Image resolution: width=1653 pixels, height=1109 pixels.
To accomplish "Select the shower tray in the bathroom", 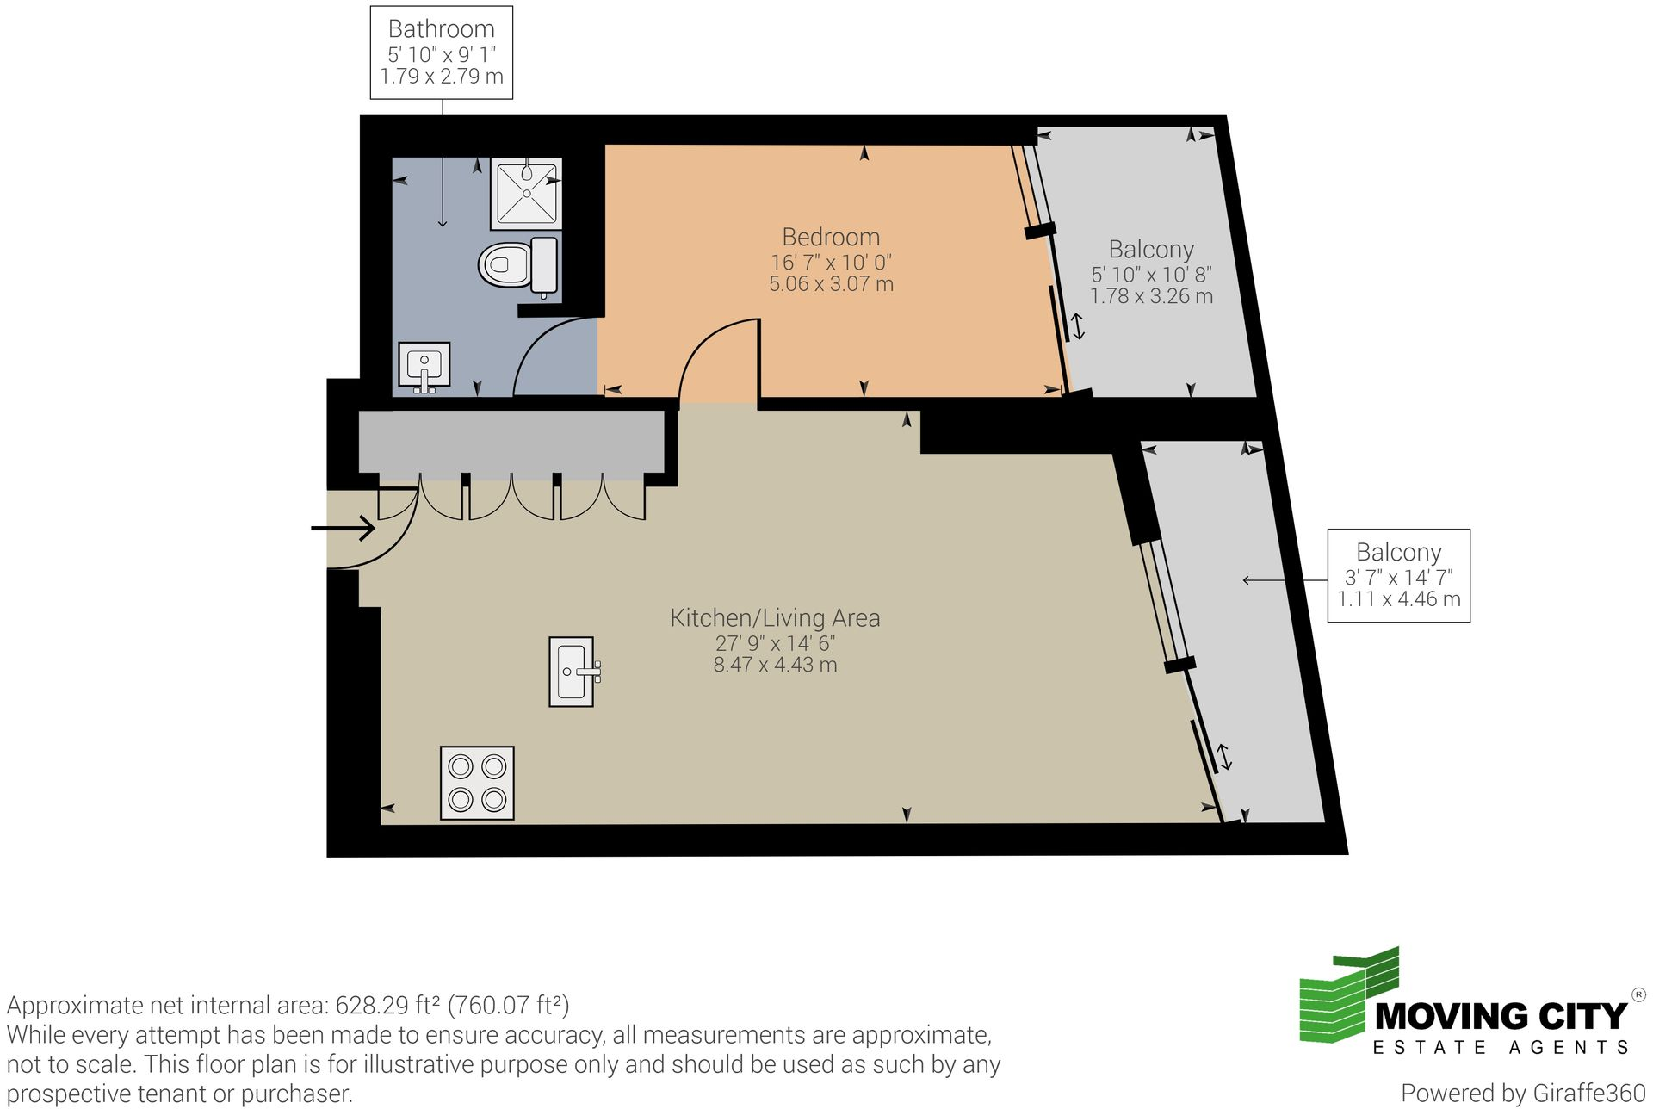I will (526, 194).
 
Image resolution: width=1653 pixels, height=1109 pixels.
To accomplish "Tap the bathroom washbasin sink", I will (424, 365).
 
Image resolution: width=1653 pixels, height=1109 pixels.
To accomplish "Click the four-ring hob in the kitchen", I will (477, 782).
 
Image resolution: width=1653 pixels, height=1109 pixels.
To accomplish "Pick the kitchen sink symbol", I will (572, 672).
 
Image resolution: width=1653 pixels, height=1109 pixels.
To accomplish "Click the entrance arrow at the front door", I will (343, 528).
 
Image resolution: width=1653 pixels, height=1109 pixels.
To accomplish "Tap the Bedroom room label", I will (830, 237).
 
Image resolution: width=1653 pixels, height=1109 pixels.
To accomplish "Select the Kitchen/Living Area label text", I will (774, 617).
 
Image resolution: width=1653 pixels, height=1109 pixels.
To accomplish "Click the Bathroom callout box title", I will (441, 29).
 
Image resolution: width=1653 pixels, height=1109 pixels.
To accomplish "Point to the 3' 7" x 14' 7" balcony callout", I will (1398, 577).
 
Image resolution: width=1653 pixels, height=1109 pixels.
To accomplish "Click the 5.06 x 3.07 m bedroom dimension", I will (830, 284).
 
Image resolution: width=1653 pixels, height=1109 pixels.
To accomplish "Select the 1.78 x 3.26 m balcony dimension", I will (1151, 296).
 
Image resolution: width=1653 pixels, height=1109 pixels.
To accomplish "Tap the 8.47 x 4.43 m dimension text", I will (774, 665).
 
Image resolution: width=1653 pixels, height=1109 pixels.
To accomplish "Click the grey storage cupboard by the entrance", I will (511, 441).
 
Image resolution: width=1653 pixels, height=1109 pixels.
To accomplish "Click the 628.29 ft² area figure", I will (387, 1005).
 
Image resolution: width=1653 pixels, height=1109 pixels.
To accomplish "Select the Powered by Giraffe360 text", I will (1522, 1093).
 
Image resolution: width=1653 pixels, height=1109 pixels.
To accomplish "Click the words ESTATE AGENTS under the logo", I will (1501, 1048).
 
